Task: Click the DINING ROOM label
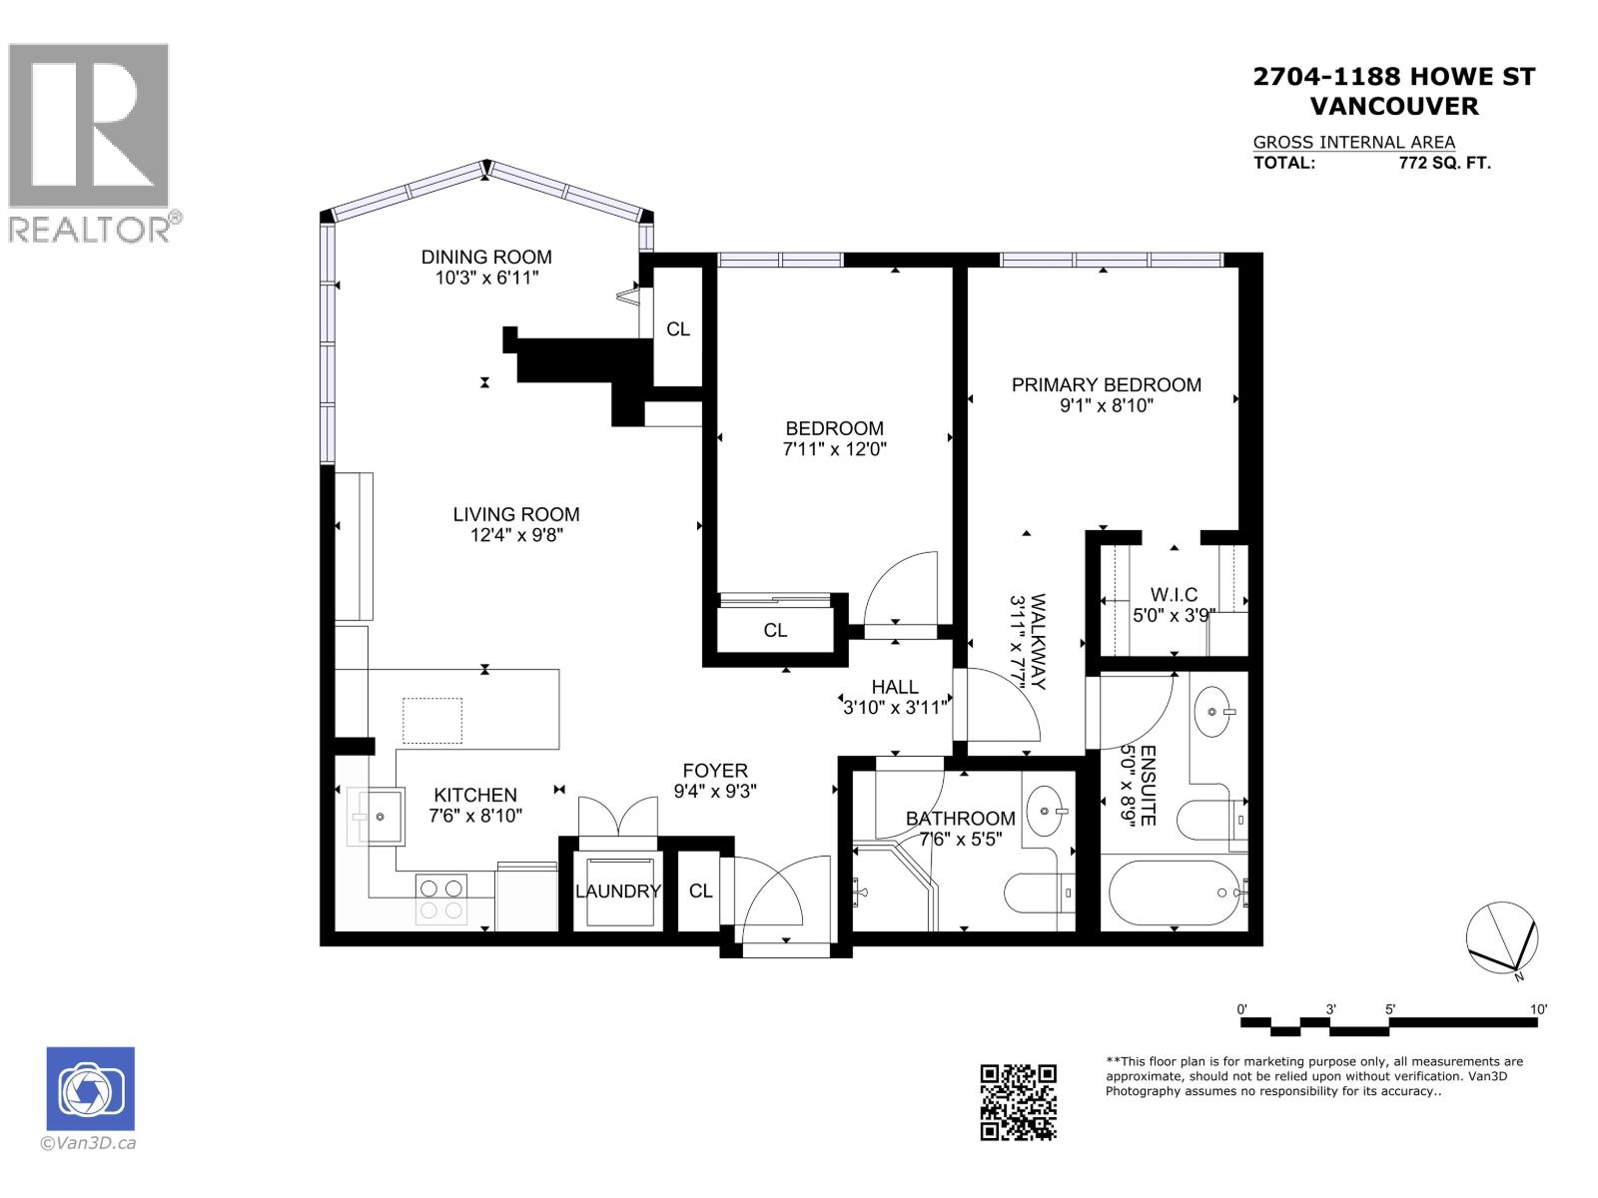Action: coord(485,257)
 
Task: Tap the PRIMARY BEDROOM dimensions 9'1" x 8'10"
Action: coord(1106,406)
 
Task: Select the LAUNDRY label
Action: coord(617,892)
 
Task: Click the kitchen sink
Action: coord(381,817)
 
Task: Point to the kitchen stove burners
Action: coord(440,898)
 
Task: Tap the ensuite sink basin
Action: coord(1214,712)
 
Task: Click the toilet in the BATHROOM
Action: coord(1039,893)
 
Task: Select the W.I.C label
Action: coord(1174,595)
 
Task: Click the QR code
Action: coord(1018,1101)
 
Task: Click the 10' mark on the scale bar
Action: coord(1538,1009)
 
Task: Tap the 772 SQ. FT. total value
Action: coord(1444,164)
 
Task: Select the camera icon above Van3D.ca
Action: coord(91,1088)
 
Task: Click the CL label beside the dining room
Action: coord(678,329)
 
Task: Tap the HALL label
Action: coord(895,687)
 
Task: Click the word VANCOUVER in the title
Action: coord(1393,106)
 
